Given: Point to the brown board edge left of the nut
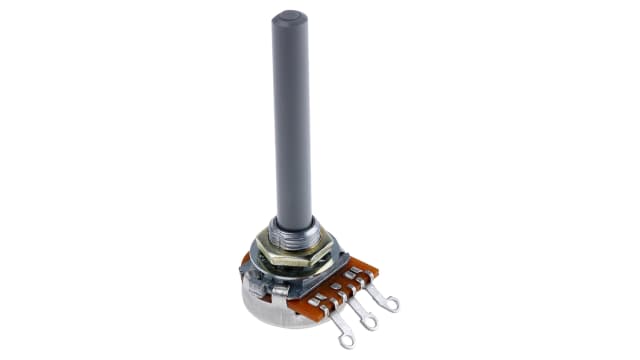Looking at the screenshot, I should (x=245, y=261).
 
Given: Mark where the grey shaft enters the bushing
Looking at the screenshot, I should (x=293, y=222).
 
